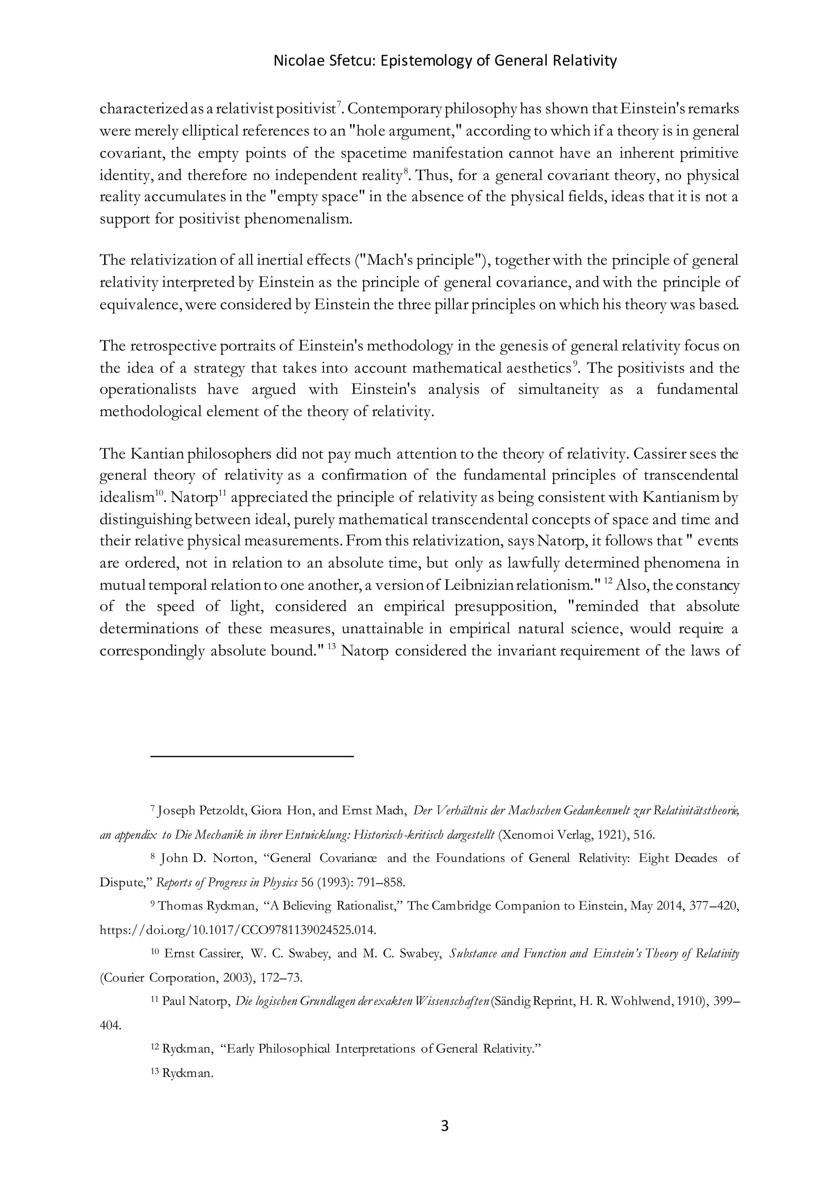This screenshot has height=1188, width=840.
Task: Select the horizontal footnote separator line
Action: [252, 756]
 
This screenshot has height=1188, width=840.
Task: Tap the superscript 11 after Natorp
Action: [223, 493]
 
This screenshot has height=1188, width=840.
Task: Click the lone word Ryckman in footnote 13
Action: [188, 1073]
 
